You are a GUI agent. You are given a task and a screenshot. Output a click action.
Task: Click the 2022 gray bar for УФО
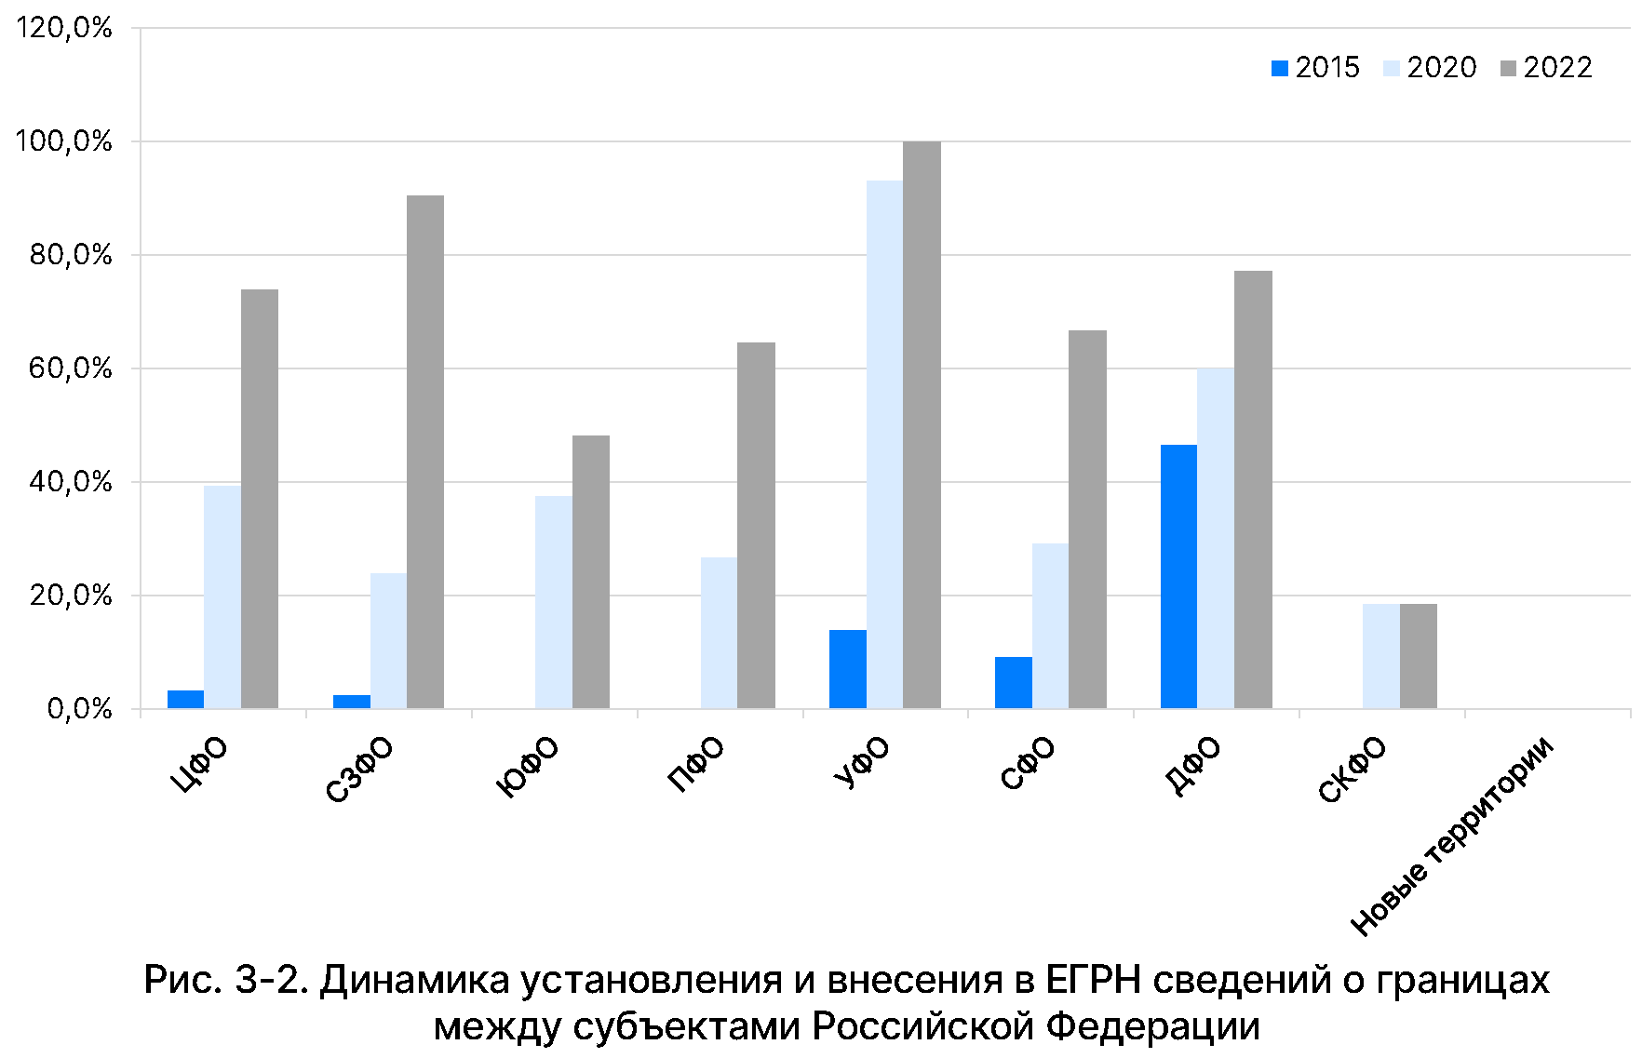pyautogui.click(x=922, y=424)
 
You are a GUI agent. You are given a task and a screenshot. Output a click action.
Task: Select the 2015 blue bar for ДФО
pyautogui.click(x=1178, y=577)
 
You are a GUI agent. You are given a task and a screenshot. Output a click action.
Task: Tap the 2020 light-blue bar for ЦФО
pyautogui.click(x=222, y=596)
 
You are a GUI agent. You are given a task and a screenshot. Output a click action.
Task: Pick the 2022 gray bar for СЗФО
pyautogui.click(x=425, y=451)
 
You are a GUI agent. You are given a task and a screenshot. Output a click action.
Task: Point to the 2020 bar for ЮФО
pyautogui.click(x=554, y=602)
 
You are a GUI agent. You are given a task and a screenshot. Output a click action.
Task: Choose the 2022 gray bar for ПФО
pyautogui.click(x=756, y=526)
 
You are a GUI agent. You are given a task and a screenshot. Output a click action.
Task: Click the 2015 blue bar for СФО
pyautogui.click(x=1013, y=683)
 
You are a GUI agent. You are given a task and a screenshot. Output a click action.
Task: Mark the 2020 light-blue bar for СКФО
pyautogui.click(x=1381, y=656)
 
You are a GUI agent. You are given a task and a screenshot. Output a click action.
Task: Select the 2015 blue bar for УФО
pyautogui.click(x=847, y=669)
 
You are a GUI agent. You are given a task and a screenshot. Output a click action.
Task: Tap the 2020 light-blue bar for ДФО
pyautogui.click(x=1216, y=538)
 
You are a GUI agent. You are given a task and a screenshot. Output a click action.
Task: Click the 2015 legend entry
pyautogui.click(x=1315, y=68)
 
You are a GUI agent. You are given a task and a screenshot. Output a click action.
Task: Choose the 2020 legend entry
pyautogui.click(x=1430, y=68)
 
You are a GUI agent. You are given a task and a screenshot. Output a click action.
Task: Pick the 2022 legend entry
pyautogui.click(x=1546, y=68)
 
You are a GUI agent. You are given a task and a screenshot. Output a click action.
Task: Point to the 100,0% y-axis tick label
pyautogui.click(x=63, y=141)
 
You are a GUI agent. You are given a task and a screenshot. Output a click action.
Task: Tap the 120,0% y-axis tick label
pyautogui.click(x=63, y=28)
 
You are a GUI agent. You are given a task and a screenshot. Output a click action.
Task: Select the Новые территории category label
pyautogui.click(x=1452, y=835)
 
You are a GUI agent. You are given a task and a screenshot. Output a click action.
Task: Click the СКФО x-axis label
pyautogui.click(x=1353, y=770)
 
